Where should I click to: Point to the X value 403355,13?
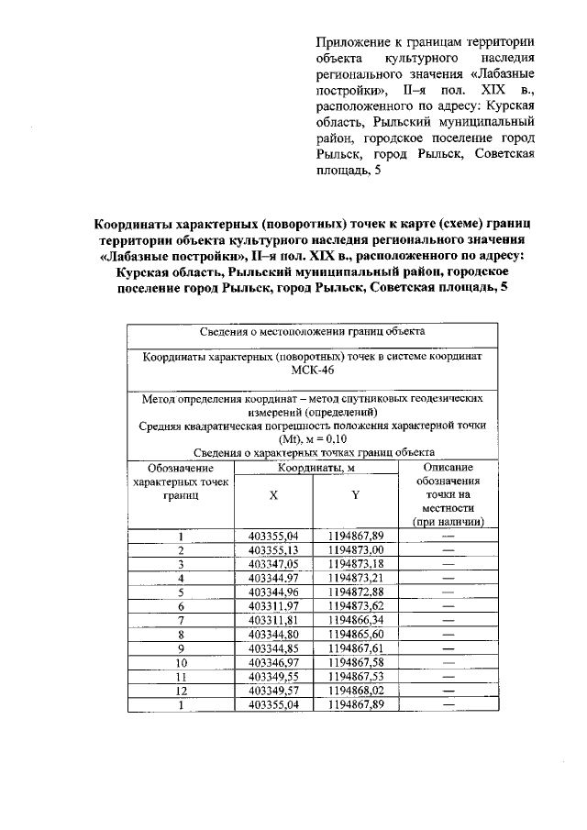(x=273, y=549)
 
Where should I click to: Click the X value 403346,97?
(x=273, y=662)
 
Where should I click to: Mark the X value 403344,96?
(x=273, y=592)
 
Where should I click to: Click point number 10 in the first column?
(x=182, y=662)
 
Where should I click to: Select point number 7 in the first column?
(x=182, y=620)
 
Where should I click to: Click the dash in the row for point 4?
(x=448, y=578)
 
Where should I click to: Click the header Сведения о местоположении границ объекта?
(x=312, y=332)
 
